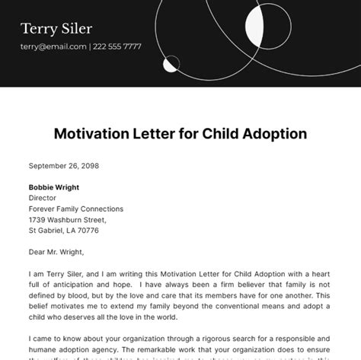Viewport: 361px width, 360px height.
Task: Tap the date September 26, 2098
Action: [63, 165]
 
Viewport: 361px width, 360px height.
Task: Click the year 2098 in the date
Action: [88, 165]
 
